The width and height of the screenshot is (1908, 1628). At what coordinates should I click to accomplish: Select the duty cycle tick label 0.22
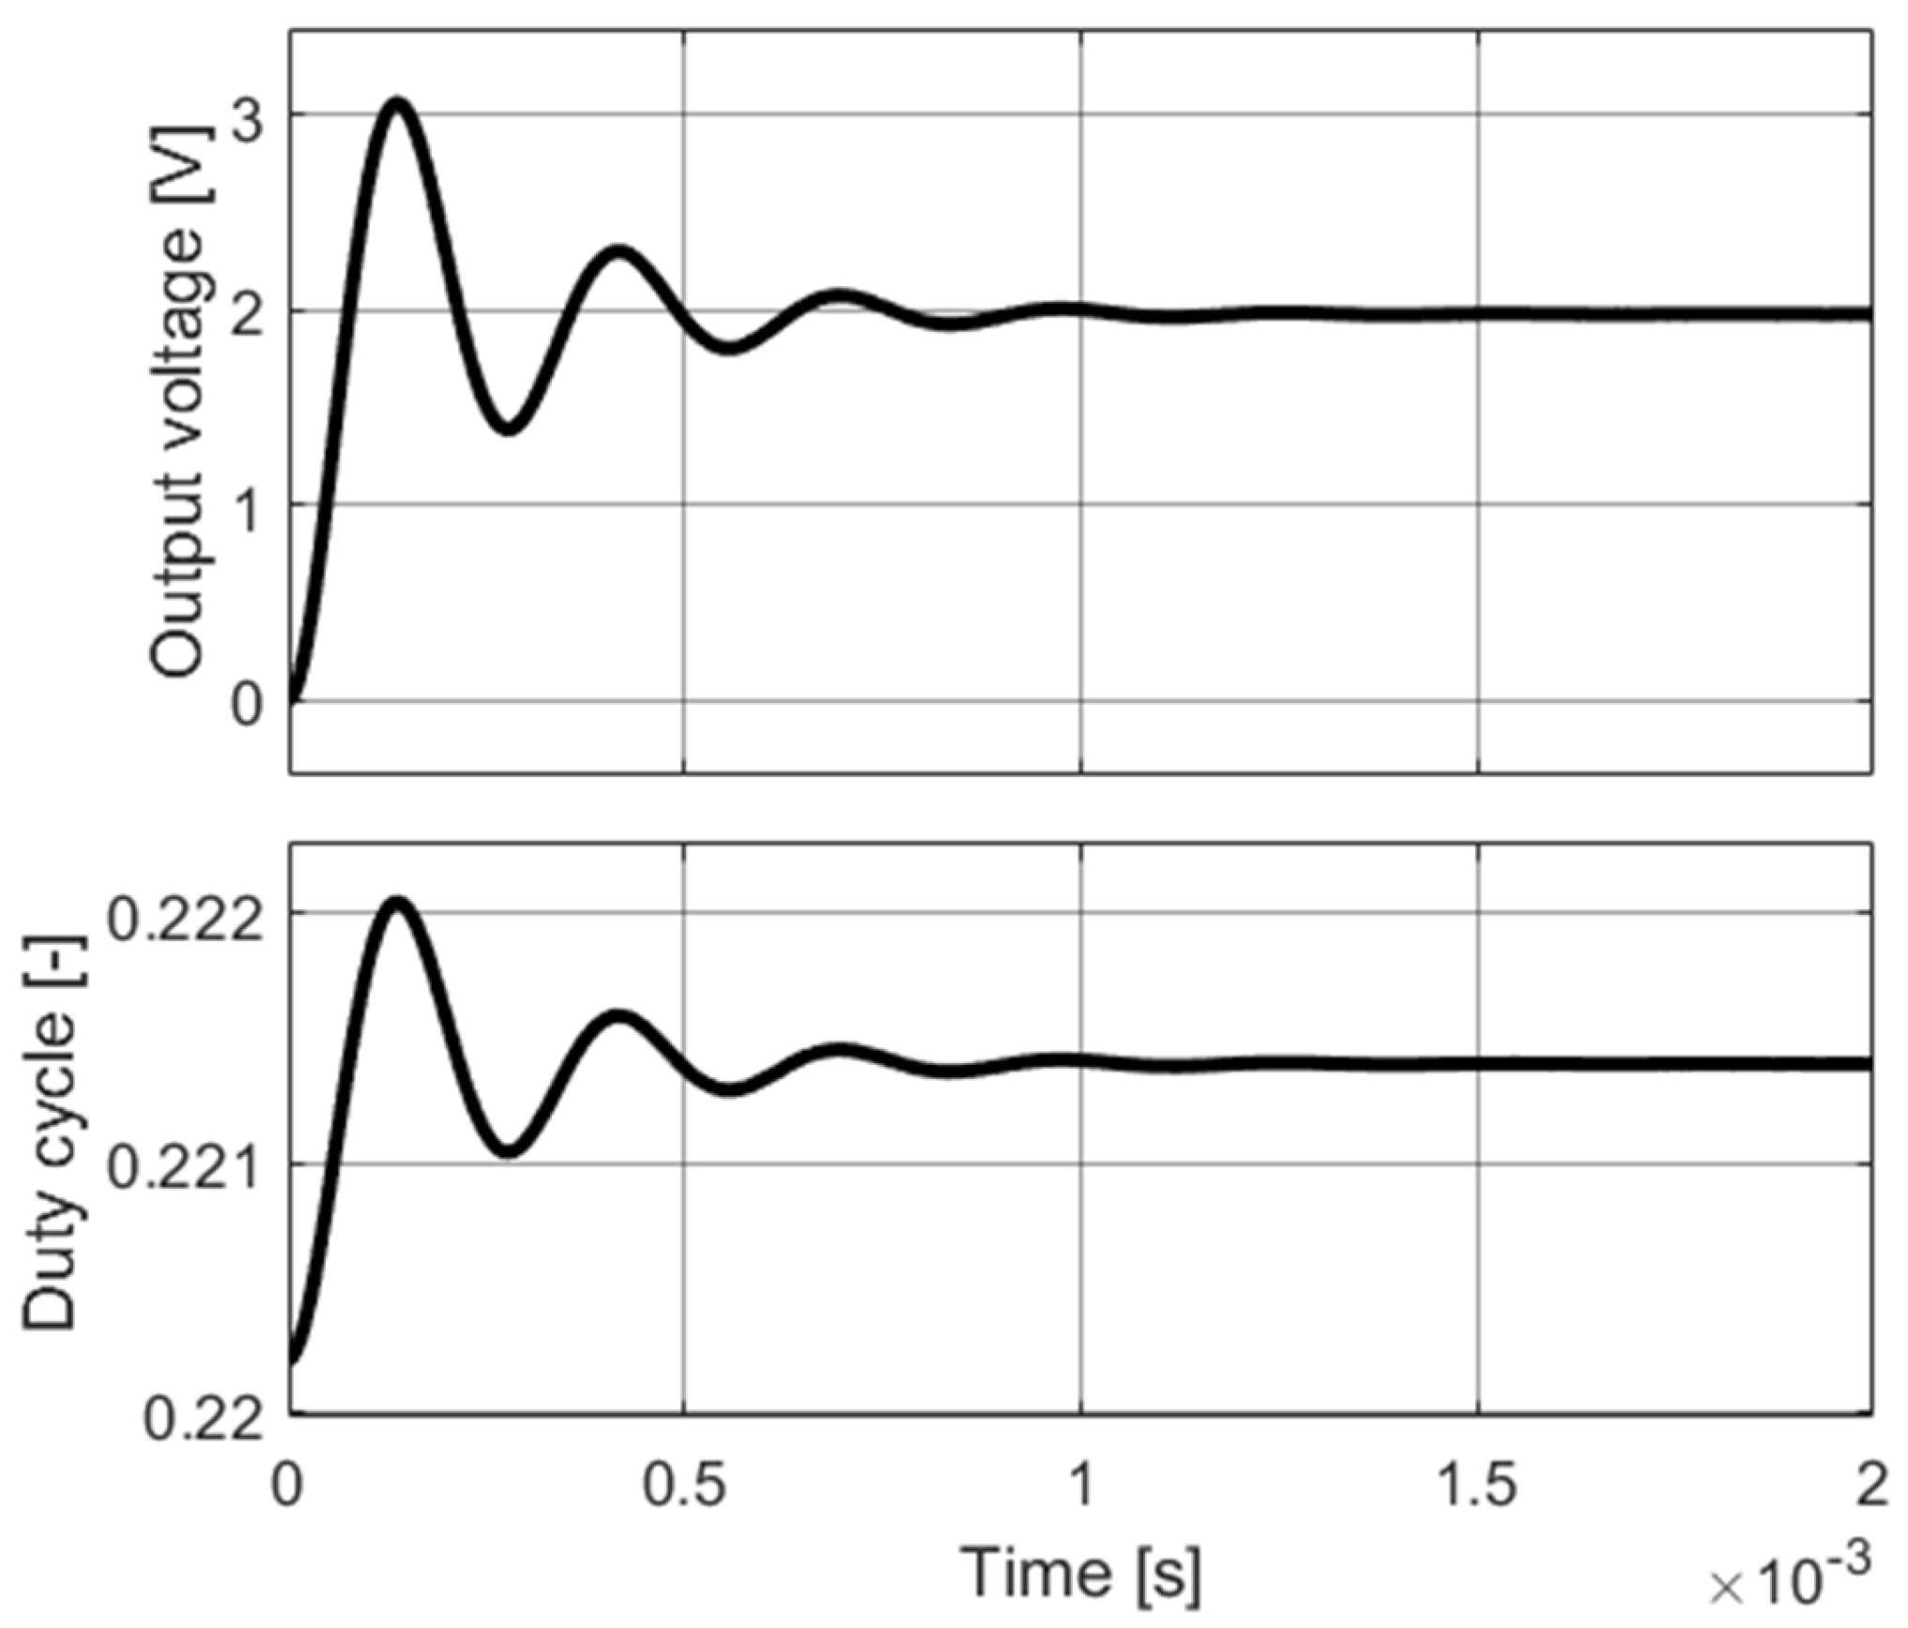(x=203, y=1420)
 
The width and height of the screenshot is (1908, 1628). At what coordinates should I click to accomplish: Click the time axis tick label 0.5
(x=685, y=1486)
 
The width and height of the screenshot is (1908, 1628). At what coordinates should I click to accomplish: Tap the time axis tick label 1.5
(x=1478, y=1486)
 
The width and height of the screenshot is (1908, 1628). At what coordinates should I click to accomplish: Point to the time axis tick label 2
(x=1871, y=1486)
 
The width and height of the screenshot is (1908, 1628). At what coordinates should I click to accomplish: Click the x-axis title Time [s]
(x=1081, y=1572)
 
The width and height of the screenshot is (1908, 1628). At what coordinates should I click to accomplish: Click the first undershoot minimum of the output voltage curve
(x=508, y=428)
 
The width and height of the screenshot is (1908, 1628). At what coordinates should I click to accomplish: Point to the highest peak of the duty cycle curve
(x=398, y=904)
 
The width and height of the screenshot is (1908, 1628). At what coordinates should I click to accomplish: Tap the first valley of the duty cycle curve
(x=508, y=1149)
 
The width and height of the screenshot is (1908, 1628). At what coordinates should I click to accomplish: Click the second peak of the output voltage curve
(x=617, y=251)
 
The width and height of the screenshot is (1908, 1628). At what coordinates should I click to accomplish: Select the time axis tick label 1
(x=1082, y=1486)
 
